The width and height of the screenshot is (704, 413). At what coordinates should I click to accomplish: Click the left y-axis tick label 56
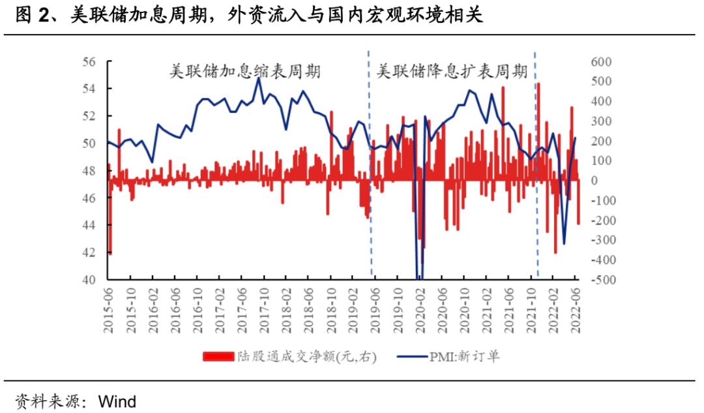tap(89, 61)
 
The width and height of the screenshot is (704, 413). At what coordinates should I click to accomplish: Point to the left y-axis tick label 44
tap(89, 225)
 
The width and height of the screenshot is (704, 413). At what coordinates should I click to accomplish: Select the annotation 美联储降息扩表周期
tap(452, 72)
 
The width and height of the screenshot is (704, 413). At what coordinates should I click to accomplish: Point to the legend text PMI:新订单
tap(463, 356)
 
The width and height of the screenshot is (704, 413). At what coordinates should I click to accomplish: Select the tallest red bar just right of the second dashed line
tap(538, 130)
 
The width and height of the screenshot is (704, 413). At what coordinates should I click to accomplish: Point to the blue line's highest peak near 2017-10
tap(258, 78)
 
